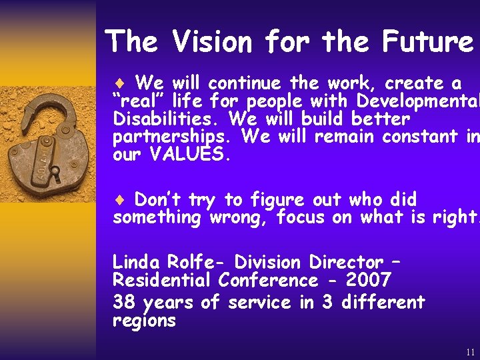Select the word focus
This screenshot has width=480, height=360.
tap(303, 217)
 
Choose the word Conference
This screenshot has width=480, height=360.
tap(267, 280)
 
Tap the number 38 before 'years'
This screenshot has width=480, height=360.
tap(124, 303)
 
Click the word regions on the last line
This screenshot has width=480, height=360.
tap(144, 321)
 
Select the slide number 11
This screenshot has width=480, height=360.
tap(471, 352)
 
